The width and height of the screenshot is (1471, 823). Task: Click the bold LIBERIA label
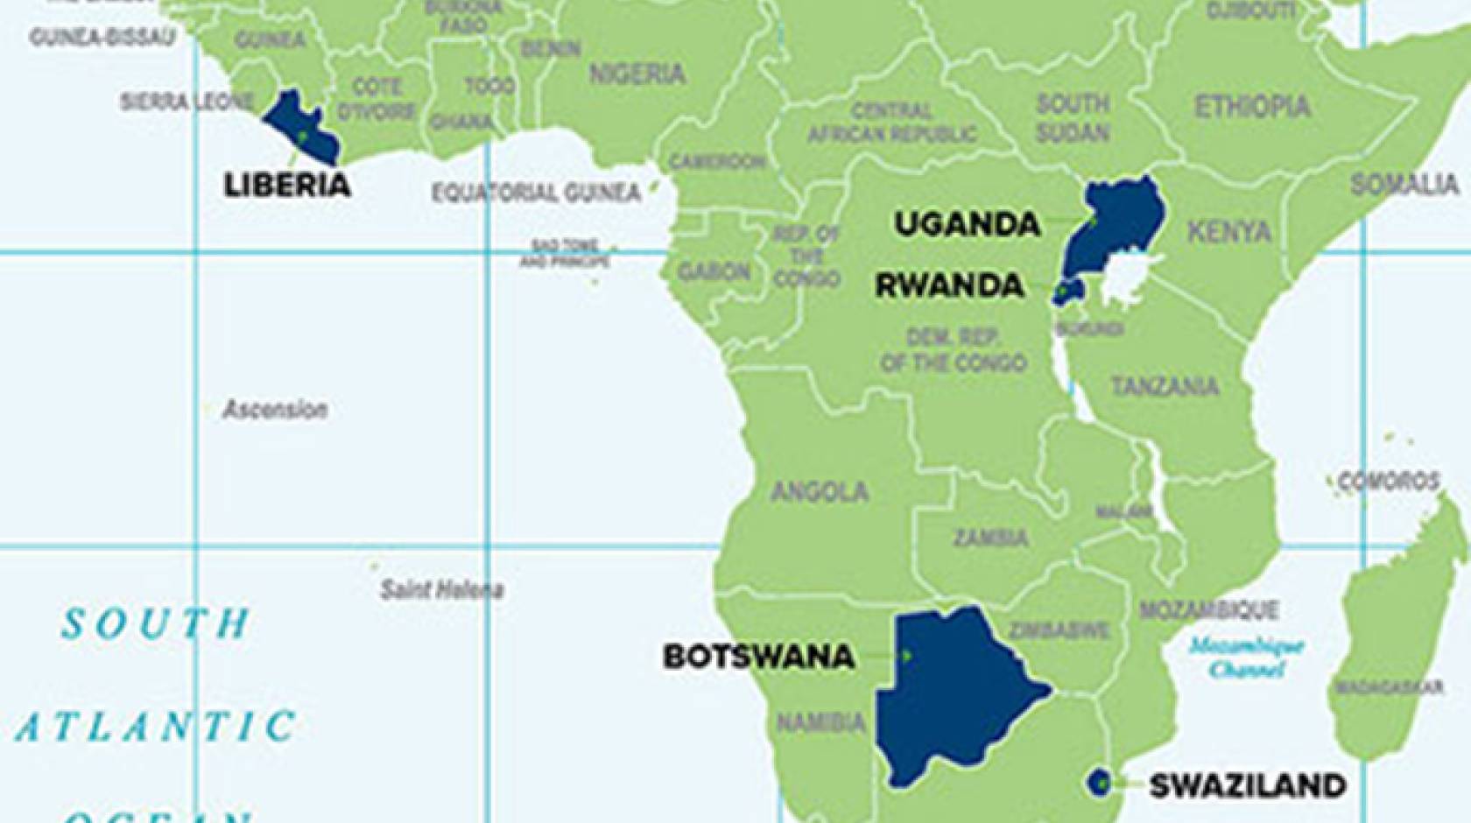[x=287, y=186]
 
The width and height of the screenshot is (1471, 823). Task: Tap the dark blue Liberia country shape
[x=299, y=127]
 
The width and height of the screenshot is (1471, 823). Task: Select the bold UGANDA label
[x=967, y=224]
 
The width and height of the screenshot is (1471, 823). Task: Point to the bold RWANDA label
[x=950, y=285]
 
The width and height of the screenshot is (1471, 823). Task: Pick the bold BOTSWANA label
[x=758, y=657]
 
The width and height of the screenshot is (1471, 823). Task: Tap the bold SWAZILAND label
[x=1247, y=785]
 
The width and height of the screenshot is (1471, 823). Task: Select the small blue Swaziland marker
[x=1099, y=782]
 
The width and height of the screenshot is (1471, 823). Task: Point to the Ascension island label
[x=275, y=409]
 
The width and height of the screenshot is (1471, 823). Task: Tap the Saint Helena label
[x=441, y=589]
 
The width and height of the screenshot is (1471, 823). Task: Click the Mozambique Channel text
[x=1246, y=658]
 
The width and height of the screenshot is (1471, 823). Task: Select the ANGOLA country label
[x=820, y=492]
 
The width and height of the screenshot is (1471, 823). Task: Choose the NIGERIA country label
[x=637, y=74]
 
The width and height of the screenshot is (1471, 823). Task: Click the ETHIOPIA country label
[x=1252, y=107]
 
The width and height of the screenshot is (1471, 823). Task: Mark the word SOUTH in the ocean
[x=156, y=623]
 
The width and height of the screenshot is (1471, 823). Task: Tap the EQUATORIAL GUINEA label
[x=536, y=193]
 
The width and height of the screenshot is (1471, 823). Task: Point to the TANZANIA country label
[x=1165, y=386]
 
